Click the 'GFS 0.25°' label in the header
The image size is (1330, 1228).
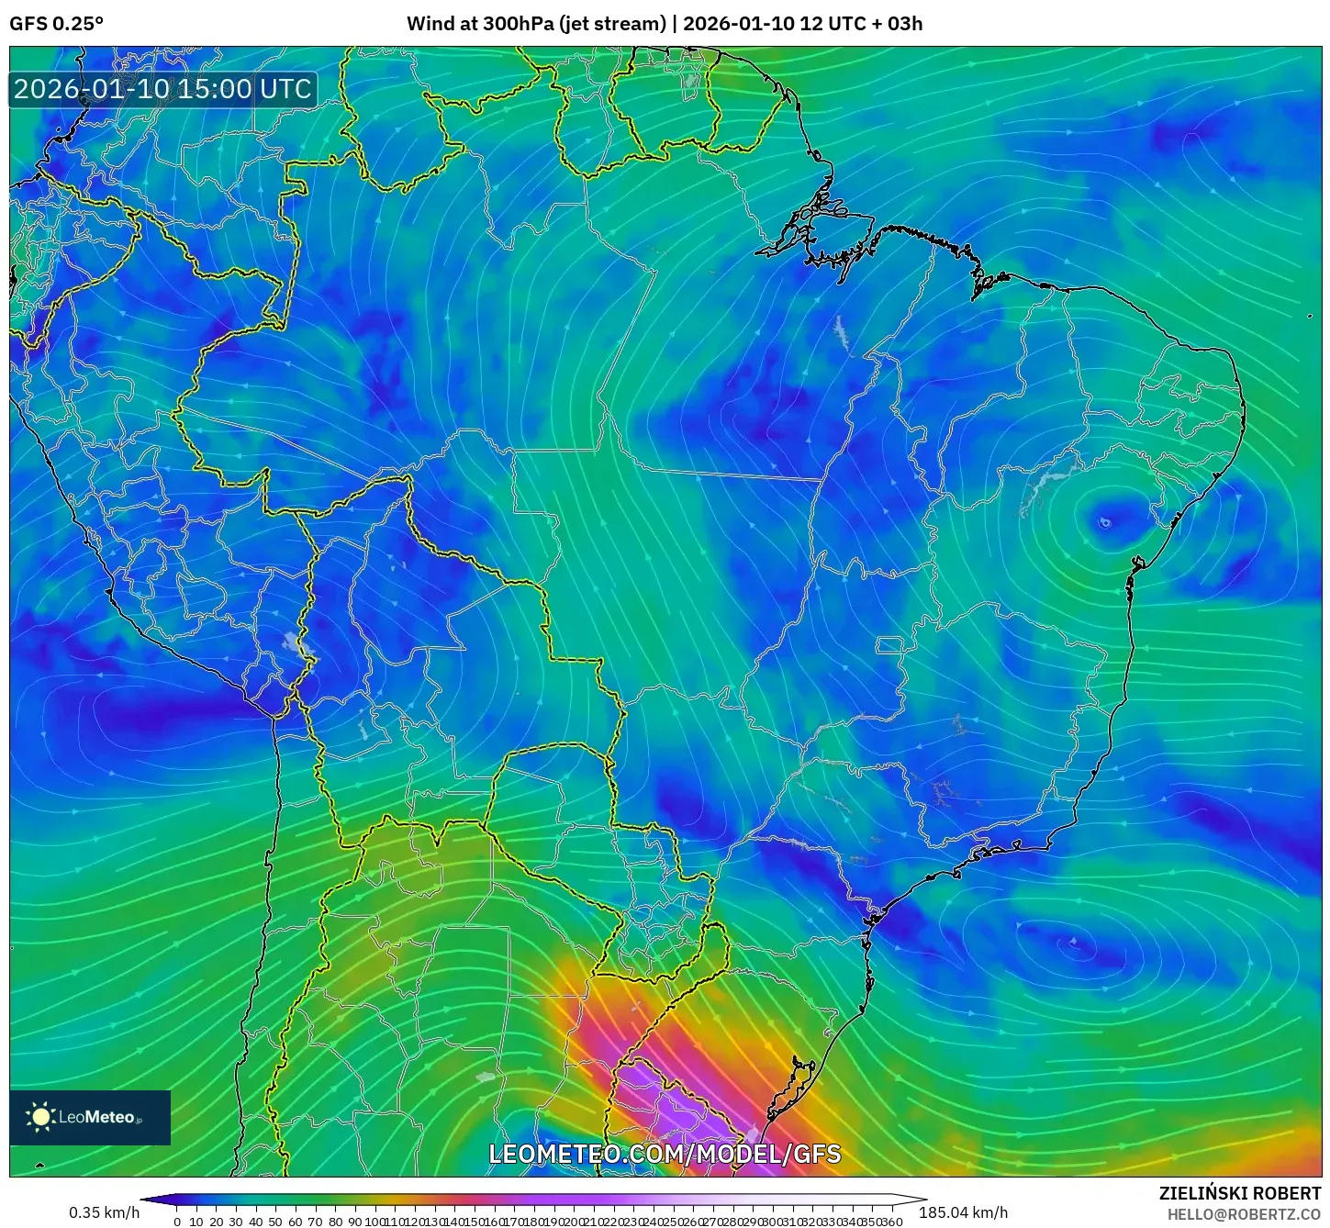[56, 23]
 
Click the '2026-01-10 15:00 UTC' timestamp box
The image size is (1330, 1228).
[162, 89]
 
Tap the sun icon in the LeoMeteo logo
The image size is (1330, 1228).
[40, 1117]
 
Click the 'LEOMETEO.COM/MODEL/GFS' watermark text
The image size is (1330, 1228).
[665, 1154]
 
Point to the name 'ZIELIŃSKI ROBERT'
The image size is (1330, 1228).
[1240, 1193]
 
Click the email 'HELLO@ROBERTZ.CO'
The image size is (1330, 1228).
[1244, 1213]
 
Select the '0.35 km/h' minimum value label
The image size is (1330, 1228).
[105, 1212]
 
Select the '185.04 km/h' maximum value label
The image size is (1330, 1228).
[969, 1212]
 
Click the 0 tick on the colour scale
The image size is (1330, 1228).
[177, 1222]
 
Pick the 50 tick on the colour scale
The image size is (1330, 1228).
[274, 1222]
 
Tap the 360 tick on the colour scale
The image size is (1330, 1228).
[892, 1222]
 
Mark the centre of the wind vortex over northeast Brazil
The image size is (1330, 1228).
[1104, 523]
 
